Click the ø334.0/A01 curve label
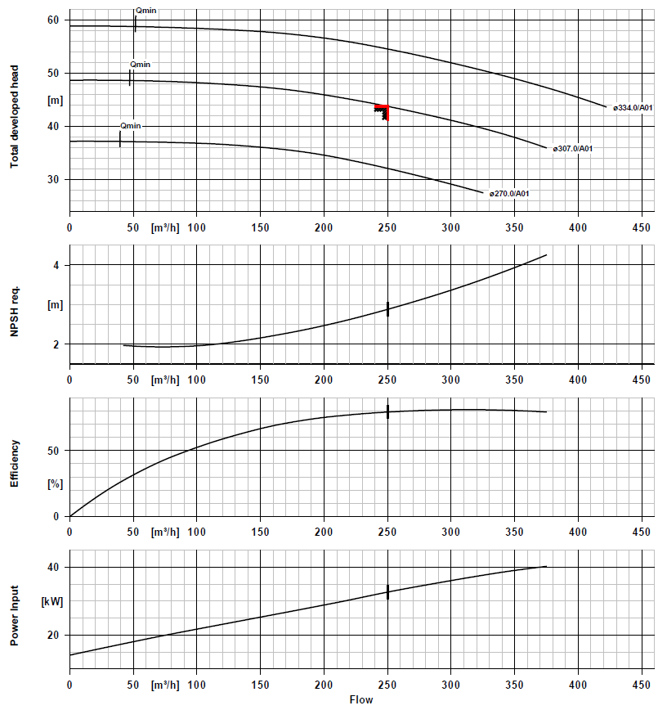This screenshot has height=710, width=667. (x=633, y=108)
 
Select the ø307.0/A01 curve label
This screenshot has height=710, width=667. (x=572, y=149)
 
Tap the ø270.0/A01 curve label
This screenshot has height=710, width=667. (x=510, y=194)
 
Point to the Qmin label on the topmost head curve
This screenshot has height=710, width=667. (x=145, y=11)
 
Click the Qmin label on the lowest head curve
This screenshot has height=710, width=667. (x=130, y=126)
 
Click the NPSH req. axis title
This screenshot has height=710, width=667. (x=14, y=304)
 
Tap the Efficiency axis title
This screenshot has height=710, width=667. (x=14, y=464)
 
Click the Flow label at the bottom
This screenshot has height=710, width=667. (x=361, y=700)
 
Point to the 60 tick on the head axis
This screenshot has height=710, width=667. (x=54, y=20)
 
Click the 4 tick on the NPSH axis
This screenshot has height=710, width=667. (x=57, y=265)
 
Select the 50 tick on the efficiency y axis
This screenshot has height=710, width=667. (x=54, y=451)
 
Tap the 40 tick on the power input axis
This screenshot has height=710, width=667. (x=54, y=568)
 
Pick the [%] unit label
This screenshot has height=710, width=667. (x=55, y=484)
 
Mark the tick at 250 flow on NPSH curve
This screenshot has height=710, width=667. (x=387, y=309)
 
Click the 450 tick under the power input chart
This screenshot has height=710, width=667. (x=642, y=683)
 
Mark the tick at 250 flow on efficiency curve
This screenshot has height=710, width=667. (x=387, y=411)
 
